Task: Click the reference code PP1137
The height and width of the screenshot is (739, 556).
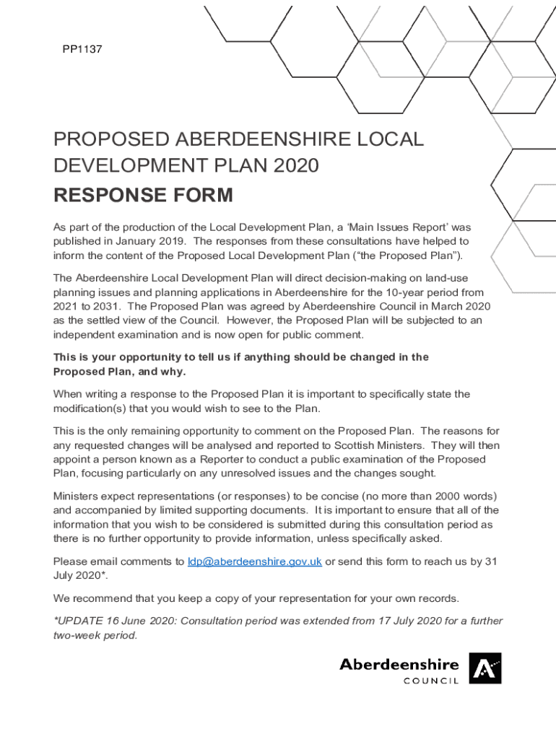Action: point(82,50)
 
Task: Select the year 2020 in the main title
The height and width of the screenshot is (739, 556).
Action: point(294,166)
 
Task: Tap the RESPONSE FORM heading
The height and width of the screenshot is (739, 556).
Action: point(143,196)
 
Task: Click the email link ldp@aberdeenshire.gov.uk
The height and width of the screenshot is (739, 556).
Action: point(254,561)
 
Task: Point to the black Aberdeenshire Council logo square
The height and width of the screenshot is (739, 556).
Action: point(485,668)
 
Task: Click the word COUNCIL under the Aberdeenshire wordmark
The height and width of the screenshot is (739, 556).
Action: point(431,681)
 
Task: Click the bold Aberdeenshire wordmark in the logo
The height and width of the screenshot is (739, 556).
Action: point(399,664)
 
